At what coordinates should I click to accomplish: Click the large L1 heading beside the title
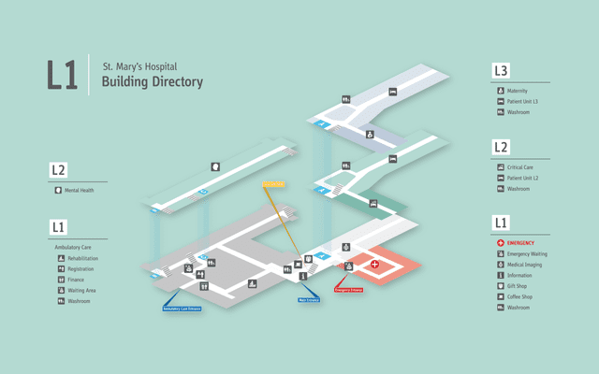pos(62,76)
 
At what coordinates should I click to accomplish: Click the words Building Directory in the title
pos(146,82)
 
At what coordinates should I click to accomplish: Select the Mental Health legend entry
pos(80,190)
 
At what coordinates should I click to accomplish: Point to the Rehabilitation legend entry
pos(82,258)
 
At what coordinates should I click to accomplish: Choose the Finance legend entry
pos(76,280)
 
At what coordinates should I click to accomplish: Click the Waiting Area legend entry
pos(81,291)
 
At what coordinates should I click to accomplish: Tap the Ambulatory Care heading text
pos(73,247)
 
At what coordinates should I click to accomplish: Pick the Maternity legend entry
pos(519,90)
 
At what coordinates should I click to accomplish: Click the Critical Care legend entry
pos(521,166)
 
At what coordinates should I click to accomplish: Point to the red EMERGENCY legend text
pos(521,243)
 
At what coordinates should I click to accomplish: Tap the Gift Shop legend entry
pos(519,286)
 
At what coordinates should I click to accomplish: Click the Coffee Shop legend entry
pos(521,296)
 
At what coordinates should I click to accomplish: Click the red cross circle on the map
pos(376,265)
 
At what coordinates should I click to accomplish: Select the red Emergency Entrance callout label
pos(349,290)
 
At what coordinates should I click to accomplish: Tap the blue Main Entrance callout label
pos(310,300)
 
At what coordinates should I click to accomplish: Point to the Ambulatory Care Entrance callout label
pos(182,308)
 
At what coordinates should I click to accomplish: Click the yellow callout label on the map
pos(273,181)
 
